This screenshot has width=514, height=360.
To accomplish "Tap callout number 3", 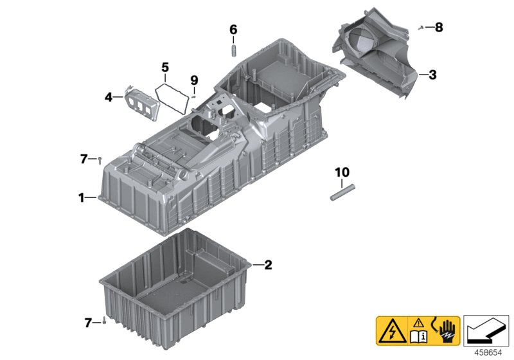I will (x=432, y=75).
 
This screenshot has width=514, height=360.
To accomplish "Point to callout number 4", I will (x=109, y=98).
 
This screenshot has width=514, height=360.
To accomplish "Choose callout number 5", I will (x=164, y=67).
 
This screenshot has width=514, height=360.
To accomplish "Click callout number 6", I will (x=233, y=30).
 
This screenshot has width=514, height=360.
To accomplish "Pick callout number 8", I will (x=439, y=27).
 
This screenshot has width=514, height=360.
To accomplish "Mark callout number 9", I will (x=195, y=80).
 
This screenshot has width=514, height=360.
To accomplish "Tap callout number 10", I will (x=341, y=172).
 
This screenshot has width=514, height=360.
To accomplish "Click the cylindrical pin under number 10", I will (x=341, y=192).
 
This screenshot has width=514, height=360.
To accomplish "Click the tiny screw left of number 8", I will (x=420, y=27).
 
